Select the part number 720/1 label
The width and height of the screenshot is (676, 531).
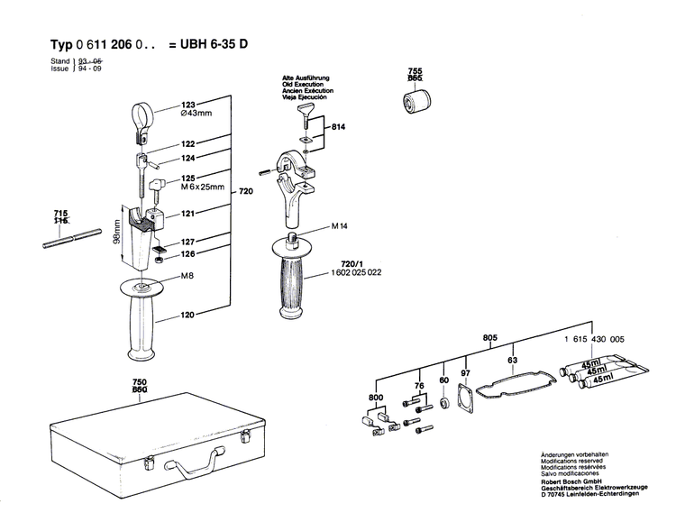(x=317, y=259)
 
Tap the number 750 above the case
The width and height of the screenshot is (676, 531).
(x=139, y=382)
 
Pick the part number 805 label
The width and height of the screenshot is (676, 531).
(x=490, y=338)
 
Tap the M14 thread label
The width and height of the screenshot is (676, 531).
(x=315, y=225)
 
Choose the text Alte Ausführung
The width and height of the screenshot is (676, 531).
(x=306, y=78)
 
